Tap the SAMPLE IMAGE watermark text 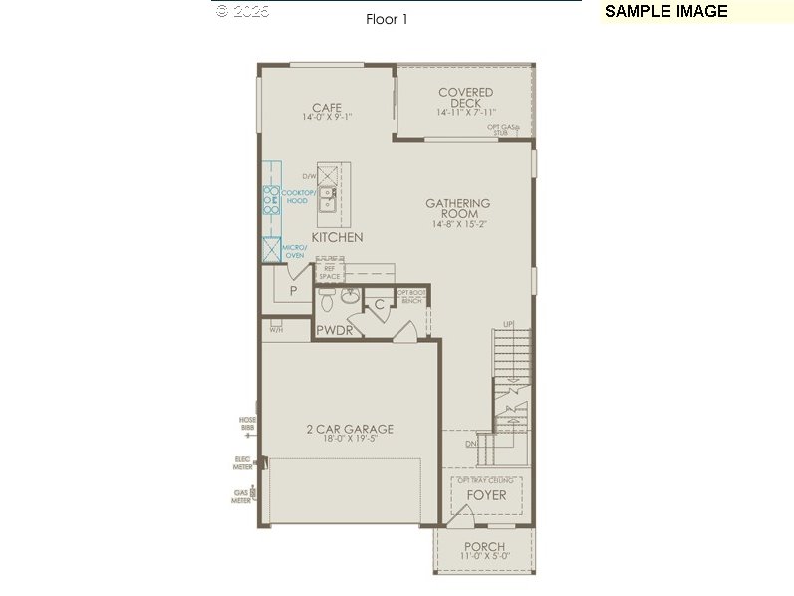tap(666, 12)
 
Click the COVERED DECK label tap(465, 98)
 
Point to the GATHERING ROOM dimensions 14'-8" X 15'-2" tap(458, 224)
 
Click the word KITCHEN tap(337, 238)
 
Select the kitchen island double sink tap(327, 199)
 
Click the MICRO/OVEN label tap(294, 251)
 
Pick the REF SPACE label tap(329, 273)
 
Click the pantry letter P tap(293, 291)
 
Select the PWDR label tap(334, 330)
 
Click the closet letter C tap(379, 305)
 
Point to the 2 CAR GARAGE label tap(350, 430)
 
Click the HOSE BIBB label tap(247, 424)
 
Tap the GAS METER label tap(240, 495)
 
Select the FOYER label tap(486, 495)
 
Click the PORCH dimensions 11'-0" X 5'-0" tap(484, 557)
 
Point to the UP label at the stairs tap(508, 324)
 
